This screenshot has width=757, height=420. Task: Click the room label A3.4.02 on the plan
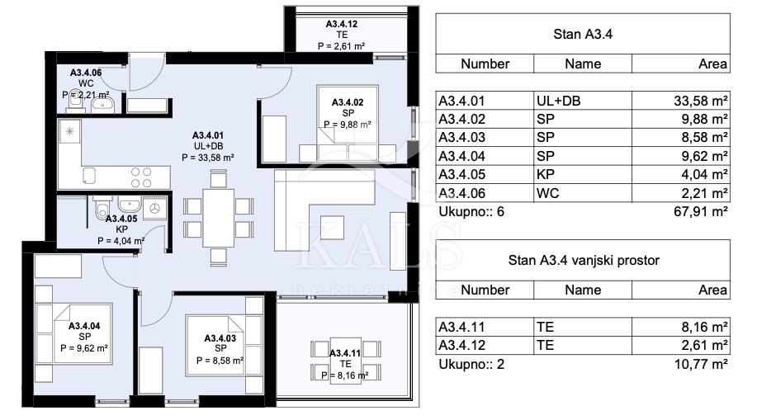coord(348,101)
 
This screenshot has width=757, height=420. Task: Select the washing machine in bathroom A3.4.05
coord(153,210)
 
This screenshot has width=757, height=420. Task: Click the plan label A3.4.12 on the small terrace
coord(341,24)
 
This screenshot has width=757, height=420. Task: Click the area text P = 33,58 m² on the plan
coord(208,155)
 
